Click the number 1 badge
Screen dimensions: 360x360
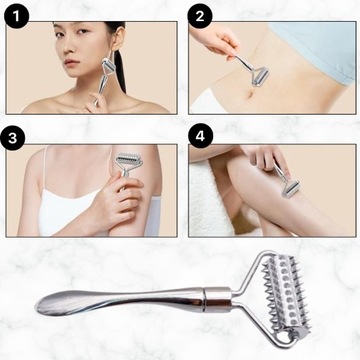click(x=17, y=16)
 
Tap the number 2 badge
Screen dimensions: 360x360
click(x=200, y=16)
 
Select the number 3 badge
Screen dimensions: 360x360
click(x=12, y=138)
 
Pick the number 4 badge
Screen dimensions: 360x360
click(x=200, y=136)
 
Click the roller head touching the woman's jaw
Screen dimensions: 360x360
click(x=108, y=66)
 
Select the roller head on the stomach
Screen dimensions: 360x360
click(x=260, y=77)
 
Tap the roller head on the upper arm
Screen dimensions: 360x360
click(x=128, y=160)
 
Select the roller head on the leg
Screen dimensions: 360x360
click(x=291, y=189)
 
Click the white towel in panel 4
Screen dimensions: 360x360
click(x=208, y=197)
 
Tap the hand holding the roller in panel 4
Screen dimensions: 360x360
click(x=267, y=158)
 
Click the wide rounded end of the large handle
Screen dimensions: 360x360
click(x=50, y=304)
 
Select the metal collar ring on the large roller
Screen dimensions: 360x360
click(x=218, y=299)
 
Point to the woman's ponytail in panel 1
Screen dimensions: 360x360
click(x=120, y=71)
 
